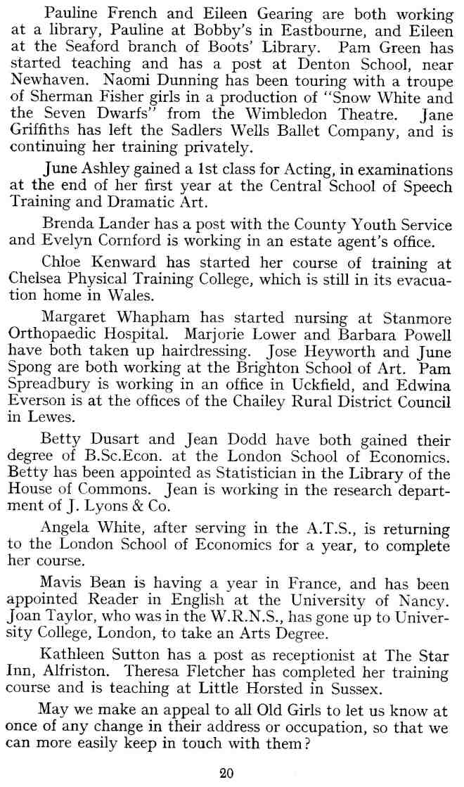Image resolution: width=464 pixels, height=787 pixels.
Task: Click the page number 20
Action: coord(226,773)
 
